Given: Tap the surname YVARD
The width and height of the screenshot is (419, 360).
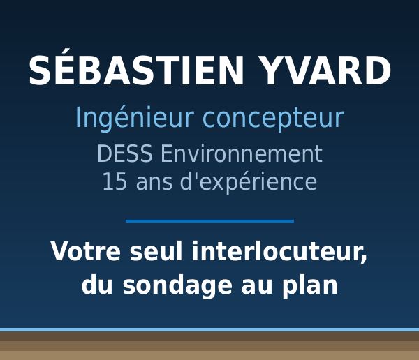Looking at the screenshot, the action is coord(325,70).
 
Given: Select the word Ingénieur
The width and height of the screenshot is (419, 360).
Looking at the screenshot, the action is coord(134,118).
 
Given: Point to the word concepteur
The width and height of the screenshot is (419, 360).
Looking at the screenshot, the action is coord(273,119).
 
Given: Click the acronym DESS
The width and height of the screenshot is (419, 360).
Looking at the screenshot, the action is coord(125,153).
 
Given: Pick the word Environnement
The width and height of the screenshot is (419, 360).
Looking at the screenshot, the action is coord(242,153).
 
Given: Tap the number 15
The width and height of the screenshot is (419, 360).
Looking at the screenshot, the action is coord(115,181).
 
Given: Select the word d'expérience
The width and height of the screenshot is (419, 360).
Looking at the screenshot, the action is coord(249,182).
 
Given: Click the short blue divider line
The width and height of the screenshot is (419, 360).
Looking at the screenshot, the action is coord(209,221).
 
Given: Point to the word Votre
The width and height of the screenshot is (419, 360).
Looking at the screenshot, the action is coord(86,251).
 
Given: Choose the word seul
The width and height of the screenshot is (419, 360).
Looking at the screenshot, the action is coord(156,251).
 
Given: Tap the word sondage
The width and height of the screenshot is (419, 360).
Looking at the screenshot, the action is coord(177,286).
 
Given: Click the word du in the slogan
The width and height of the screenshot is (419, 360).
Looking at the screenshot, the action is coord(97,285).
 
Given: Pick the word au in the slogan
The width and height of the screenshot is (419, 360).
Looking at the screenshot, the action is coord(257,288).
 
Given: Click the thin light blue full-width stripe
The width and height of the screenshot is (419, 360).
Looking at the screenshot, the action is coord(209,330).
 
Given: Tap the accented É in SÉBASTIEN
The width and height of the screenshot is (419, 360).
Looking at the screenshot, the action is coord(63,67).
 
